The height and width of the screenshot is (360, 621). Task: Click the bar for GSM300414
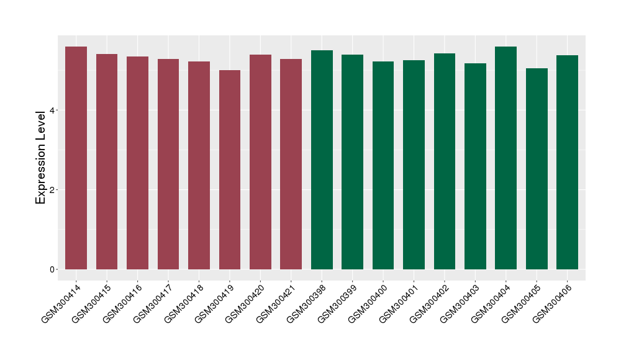(76, 158)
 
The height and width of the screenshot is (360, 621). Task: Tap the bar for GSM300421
(291, 164)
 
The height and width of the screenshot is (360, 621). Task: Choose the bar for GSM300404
(505, 158)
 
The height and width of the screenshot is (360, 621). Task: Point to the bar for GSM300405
(537, 169)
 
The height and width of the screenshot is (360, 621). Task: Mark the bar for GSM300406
(567, 162)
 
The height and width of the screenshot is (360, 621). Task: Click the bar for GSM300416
(137, 163)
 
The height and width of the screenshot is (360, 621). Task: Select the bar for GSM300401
(414, 164)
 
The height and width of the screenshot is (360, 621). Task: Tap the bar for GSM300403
(475, 166)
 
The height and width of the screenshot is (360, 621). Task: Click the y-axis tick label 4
(53, 110)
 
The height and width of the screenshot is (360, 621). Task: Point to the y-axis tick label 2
(53, 190)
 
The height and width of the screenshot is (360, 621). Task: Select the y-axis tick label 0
(53, 269)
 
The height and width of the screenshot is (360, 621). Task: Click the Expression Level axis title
(41, 157)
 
